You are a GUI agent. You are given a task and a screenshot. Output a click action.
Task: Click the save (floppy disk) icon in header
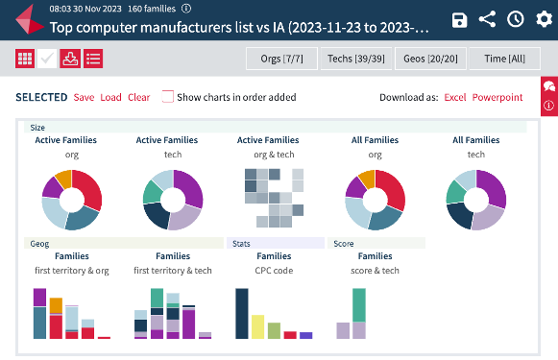click(x=460, y=20)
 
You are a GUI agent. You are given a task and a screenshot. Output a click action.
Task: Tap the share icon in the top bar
click(x=488, y=20)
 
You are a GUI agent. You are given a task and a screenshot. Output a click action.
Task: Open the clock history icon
click(x=516, y=20)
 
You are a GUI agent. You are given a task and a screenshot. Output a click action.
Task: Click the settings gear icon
click(x=543, y=20)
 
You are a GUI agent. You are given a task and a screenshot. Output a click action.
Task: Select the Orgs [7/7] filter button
click(x=282, y=60)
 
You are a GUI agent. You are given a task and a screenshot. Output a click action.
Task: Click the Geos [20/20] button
click(x=430, y=60)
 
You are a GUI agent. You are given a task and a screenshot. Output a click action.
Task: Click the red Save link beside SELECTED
click(x=84, y=97)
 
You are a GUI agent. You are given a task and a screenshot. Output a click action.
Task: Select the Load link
click(x=110, y=97)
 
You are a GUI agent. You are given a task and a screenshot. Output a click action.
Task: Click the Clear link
click(x=138, y=97)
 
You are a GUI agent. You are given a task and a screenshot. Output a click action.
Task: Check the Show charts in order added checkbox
click(x=168, y=97)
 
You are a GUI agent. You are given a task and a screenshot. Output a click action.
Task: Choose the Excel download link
click(x=455, y=97)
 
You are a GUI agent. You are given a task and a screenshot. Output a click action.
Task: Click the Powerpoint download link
click(x=497, y=97)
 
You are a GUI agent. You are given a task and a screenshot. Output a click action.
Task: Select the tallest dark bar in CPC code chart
click(x=242, y=313)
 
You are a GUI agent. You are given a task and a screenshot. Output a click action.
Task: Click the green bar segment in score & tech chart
click(x=359, y=304)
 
